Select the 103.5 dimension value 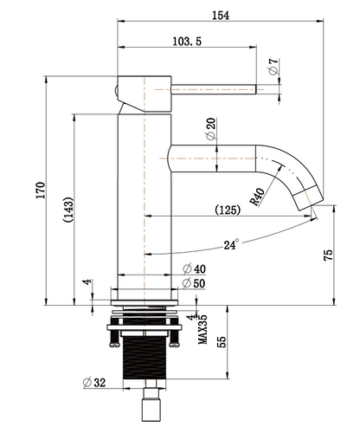point(188,42)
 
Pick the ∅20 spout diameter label point(210,131)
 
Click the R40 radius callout point(257,197)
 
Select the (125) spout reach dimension point(228,210)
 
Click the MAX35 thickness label point(202,329)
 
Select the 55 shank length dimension point(221,342)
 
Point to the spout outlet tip point(309,198)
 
